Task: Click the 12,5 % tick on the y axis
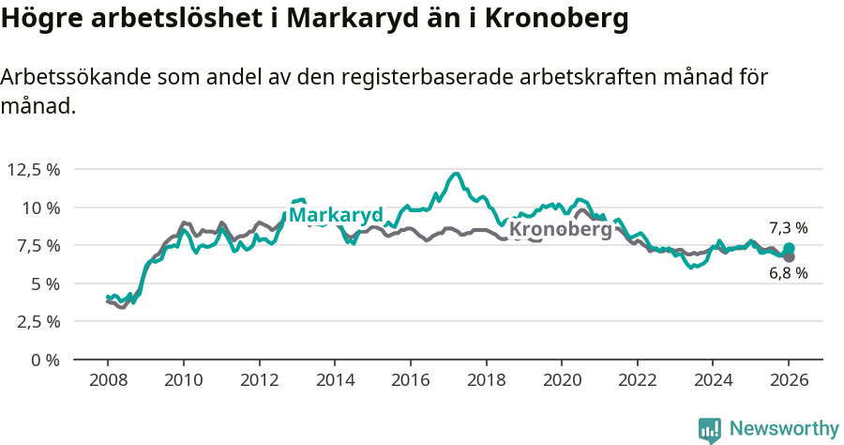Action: [x=34, y=170]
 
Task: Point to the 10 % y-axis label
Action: [x=40, y=207]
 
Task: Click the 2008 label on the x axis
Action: [x=108, y=381]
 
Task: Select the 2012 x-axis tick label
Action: [x=259, y=381]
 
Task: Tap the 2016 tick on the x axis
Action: [x=410, y=381]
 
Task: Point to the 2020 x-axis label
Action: [x=561, y=381]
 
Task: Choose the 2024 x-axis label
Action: [x=713, y=381]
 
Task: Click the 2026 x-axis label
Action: [x=788, y=381]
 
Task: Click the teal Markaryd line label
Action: [x=335, y=215]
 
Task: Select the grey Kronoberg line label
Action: [x=560, y=229]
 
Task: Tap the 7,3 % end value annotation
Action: [x=788, y=228]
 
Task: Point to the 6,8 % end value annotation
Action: [x=788, y=273]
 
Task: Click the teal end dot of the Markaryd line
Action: [x=789, y=248]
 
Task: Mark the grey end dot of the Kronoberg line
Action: [x=789, y=256]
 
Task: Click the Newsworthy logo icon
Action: [x=710, y=430]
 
